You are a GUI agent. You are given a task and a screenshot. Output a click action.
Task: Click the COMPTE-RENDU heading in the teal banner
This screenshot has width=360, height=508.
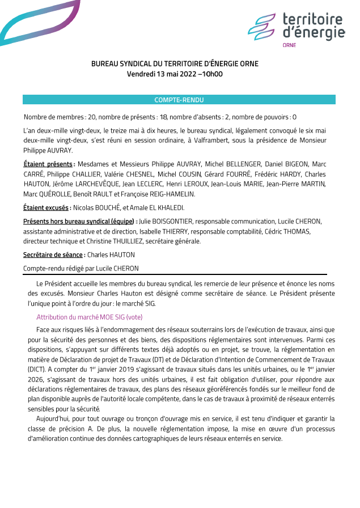point(179,100)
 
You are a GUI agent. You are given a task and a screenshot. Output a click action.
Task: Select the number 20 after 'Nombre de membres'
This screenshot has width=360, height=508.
point(92,117)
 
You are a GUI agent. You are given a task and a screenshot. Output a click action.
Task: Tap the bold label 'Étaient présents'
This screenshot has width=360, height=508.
point(49,164)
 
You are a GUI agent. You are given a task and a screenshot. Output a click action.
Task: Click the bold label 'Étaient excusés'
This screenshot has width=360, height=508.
point(47,208)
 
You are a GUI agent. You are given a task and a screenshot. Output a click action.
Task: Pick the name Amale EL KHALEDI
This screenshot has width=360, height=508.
point(158,208)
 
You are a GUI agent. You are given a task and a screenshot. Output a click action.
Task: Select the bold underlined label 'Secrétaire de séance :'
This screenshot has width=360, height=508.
point(54,255)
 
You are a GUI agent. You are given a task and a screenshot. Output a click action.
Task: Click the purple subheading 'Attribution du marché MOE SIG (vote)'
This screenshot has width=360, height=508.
point(90,317)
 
